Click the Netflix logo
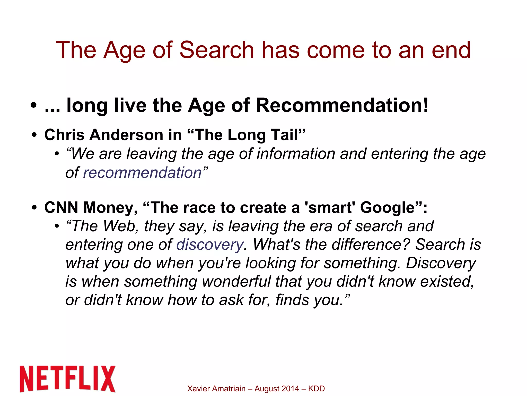tap(67, 378)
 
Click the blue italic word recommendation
tap(142, 173)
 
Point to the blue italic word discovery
tap(210, 245)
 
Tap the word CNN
tap(61, 208)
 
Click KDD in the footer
tap(316, 389)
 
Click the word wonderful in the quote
tap(236, 281)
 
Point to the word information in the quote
tap(296, 154)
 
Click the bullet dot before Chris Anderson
tap(34, 135)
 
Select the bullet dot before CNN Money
tap(34, 208)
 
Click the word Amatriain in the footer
tap(229, 389)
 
